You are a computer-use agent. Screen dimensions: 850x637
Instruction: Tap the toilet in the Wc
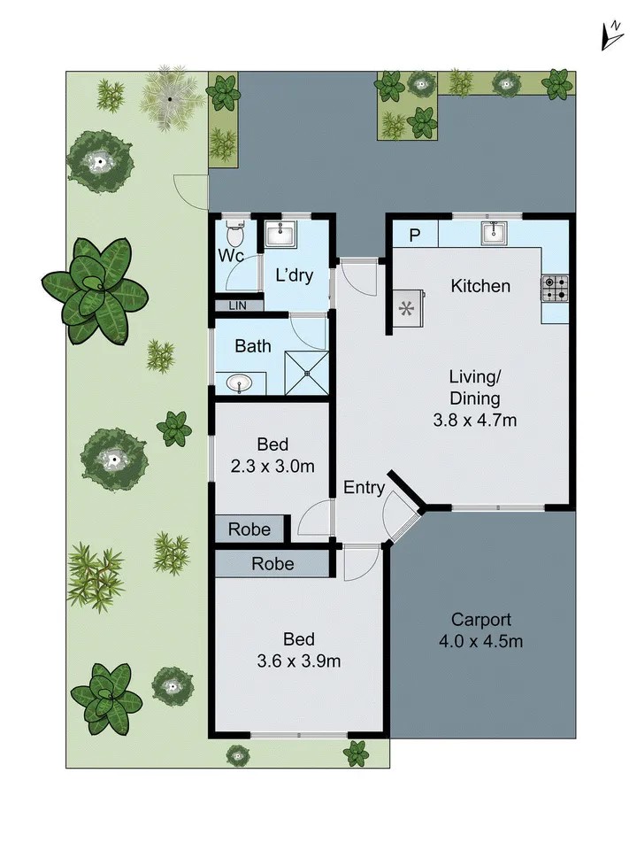tap(234, 236)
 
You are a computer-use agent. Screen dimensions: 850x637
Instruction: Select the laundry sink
tap(281, 235)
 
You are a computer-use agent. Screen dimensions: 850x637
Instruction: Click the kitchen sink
tap(493, 233)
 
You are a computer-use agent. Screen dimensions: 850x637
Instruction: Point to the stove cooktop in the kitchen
tap(556, 286)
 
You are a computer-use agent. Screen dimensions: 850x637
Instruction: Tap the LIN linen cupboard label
tap(236, 305)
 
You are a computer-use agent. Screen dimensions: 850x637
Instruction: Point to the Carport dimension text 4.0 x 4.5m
tap(481, 640)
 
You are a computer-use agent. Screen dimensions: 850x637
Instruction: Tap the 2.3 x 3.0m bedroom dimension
tap(273, 466)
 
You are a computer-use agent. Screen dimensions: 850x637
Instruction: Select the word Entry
tap(364, 487)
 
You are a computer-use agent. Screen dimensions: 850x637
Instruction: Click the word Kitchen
tap(480, 286)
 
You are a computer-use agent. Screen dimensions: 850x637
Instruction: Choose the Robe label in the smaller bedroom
tap(249, 529)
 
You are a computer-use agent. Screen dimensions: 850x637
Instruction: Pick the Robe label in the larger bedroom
tap(272, 563)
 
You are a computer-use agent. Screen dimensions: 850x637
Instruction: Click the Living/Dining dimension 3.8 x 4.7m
tap(474, 421)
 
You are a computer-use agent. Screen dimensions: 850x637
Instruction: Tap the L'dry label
tap(295, 275)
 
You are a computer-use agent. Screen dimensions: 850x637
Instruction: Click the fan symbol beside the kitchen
tap(407, 309)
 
